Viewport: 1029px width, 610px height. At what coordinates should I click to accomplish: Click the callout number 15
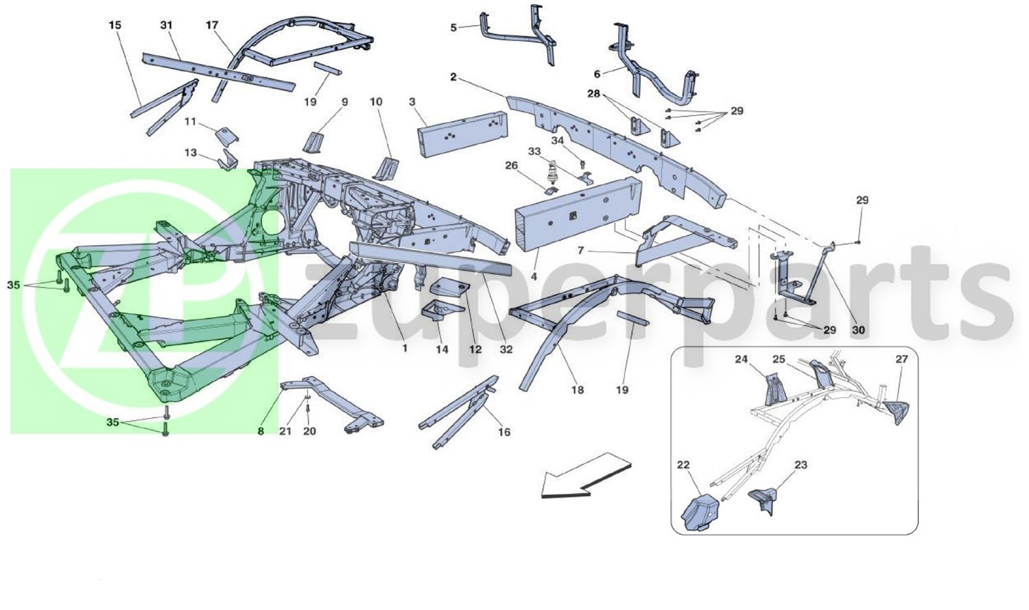coord(115,25)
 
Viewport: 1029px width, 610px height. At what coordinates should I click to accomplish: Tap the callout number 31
coord(166,25)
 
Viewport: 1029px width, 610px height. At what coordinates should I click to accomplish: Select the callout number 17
coord(212,25)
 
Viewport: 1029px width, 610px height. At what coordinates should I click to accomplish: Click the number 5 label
coord(453,27)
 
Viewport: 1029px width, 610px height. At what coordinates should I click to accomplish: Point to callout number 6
coord(597,74)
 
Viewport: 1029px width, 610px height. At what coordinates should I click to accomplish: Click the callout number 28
coord(594,94)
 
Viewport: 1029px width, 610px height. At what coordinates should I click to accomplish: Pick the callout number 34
coord(557,141)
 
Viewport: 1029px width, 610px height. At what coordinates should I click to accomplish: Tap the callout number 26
coord(511,165)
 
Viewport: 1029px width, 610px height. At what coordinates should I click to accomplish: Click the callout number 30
coord(858,330)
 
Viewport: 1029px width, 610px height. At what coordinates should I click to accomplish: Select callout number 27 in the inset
coord(902,359)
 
